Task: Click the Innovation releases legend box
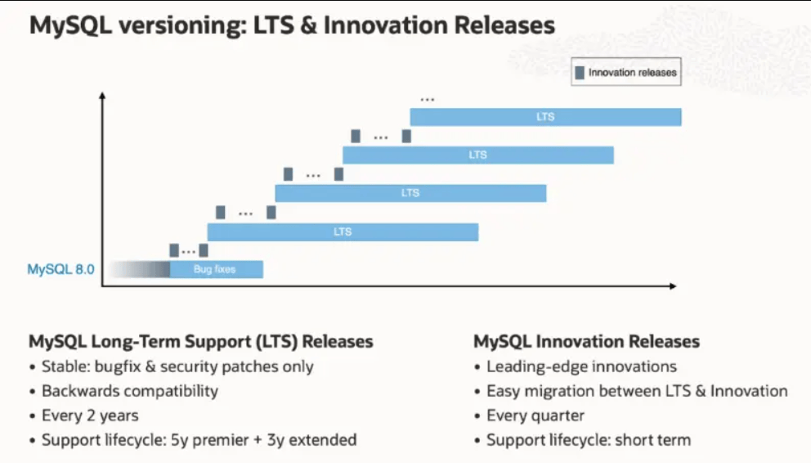pyautogui.click(x=626, y=73)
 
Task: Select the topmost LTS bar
pyautogui.click(x=545, y=117)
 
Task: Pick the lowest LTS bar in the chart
pyautogui.click(x=343, y=231)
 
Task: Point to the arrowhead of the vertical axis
pyautogui.click(x=102, y=97)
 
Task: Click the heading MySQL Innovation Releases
pyautogui.click(x=586, y=341)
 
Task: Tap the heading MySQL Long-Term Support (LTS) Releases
pyautogui.click(x=201, y=341)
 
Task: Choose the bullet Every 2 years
pyautogui.click(x=90, y=416)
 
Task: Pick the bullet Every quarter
pyautogui.click(x=535, y=416)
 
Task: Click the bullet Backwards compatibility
pyautogui.click(x=130, y=391)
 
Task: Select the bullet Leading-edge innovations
pyautogui.click(x=581, y=366)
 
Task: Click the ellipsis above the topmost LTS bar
pyautogui.click(x=427, y=100)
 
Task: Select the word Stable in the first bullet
pyautogui.click(x=65, y=366)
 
